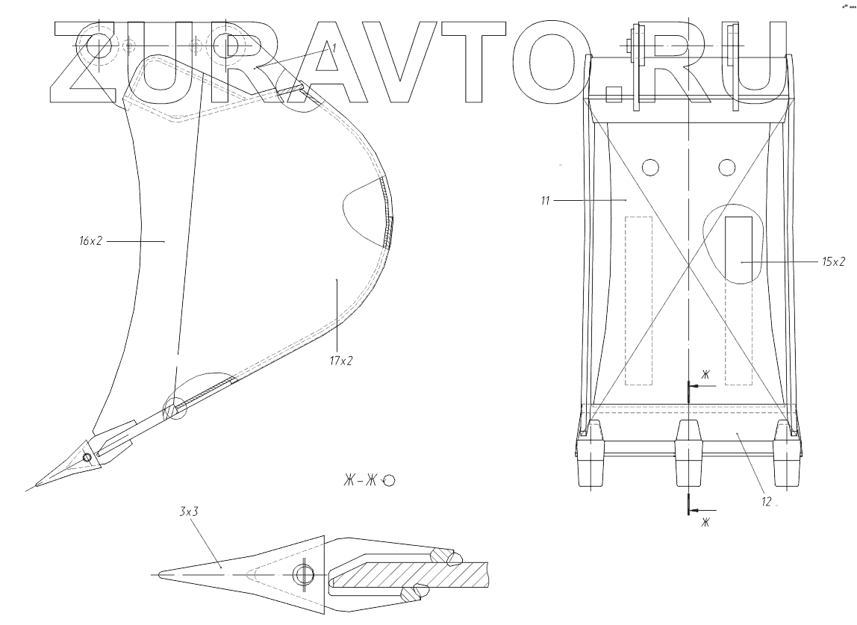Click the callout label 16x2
[90, 241]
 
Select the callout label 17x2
[340, 361]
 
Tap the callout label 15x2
[833, 262]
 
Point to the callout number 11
[545, 200]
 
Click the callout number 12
[766, 502]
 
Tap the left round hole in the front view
[650, 167]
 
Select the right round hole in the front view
[727, 167]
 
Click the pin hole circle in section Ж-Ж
[304, 575]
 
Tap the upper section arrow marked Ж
[702, 385]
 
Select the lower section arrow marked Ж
[702, 510]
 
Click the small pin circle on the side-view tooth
[87, 458]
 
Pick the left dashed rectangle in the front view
[638, 300]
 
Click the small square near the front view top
[614, 95]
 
